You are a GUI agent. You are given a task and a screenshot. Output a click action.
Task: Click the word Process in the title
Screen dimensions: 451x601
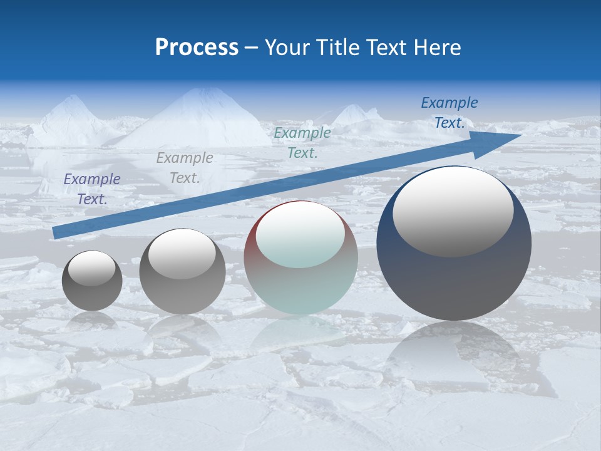click(197, 48)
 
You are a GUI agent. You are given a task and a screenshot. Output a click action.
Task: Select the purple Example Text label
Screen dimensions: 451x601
click(92, 189)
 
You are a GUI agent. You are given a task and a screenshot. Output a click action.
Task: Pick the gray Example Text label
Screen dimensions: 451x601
click(185, 168)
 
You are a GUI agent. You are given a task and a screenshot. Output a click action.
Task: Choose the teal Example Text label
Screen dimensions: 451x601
click(302, 142)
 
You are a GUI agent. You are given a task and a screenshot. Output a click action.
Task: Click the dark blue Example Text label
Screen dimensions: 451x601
click(449, 113)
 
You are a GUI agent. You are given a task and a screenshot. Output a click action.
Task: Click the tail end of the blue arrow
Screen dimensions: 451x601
click(56, 233)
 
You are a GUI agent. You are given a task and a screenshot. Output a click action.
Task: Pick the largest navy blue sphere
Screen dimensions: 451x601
click(454, 282)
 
